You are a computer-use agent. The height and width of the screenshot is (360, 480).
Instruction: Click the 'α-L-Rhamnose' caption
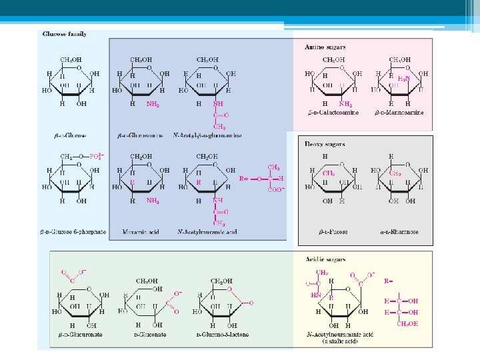point(401,233)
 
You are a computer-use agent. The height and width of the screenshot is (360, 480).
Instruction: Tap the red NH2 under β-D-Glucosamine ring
point(153,104)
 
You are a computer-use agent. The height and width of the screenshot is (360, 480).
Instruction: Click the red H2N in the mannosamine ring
point(403,79)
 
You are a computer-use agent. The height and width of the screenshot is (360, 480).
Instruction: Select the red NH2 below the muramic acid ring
point(153,200)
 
